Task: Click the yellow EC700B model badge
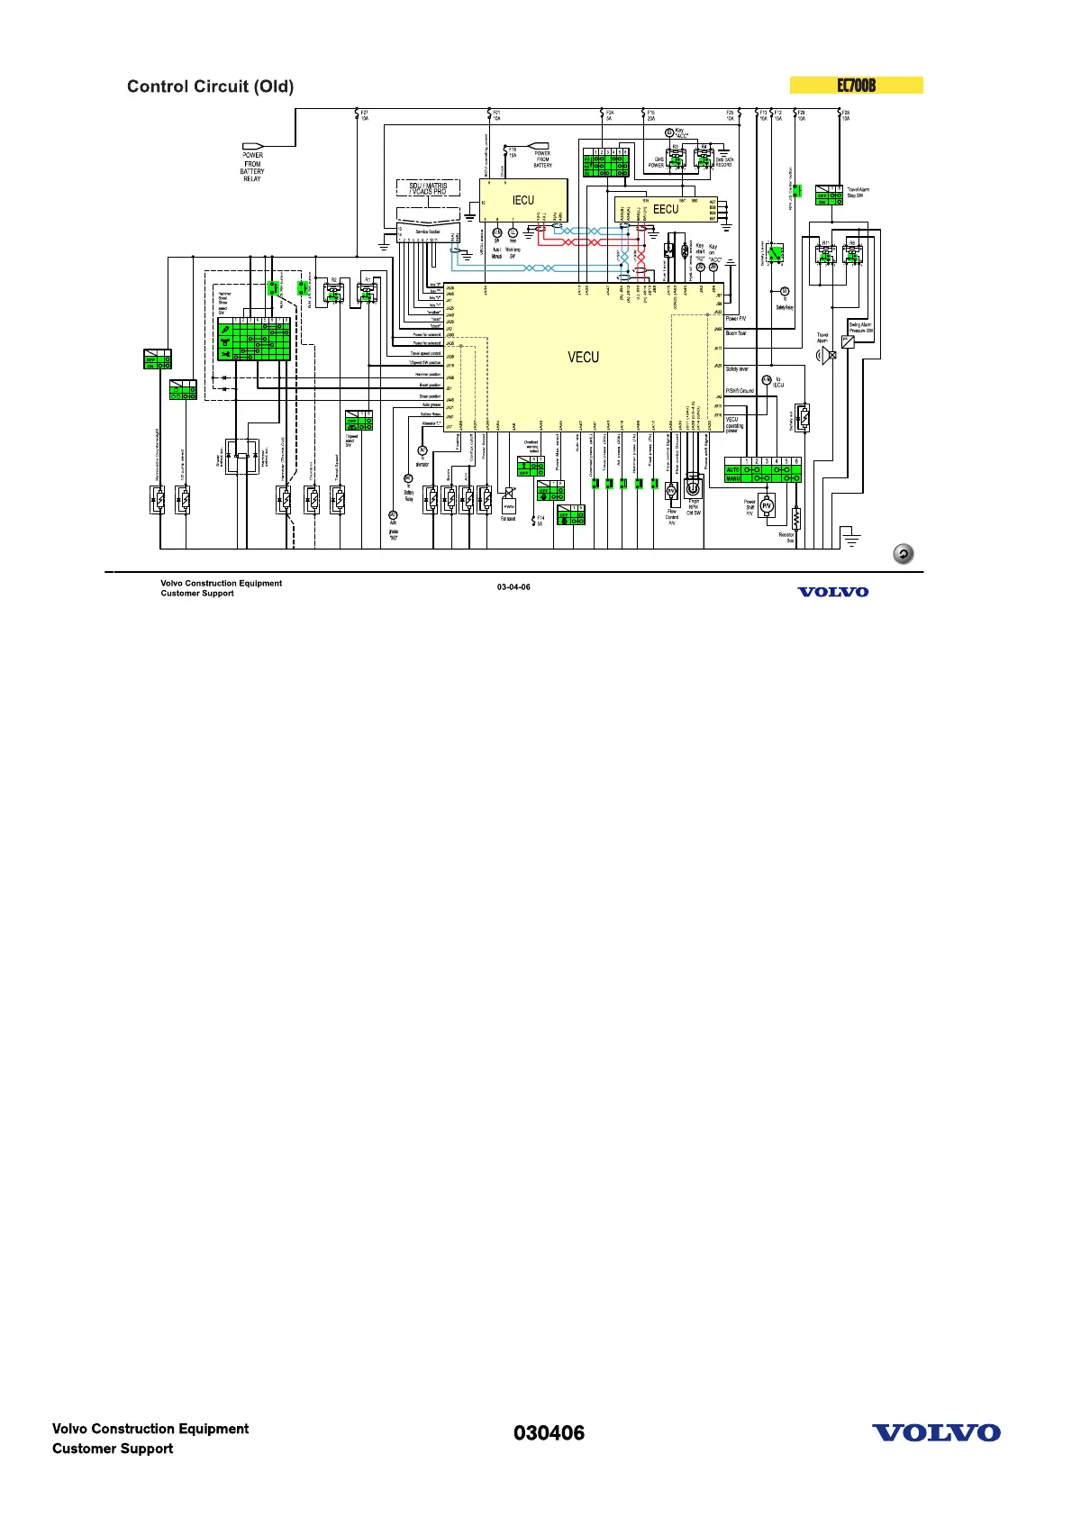(x=856, y=86)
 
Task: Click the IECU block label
(x=523, y=201)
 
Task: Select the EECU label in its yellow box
(x=666, y=209)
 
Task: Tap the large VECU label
(x=583, y=358)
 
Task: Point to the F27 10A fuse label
(x=364, y=115)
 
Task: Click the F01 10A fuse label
(x=496, y=115)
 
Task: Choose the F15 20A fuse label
(x=650, y=115)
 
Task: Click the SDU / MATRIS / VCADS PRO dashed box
(x=428, y=188)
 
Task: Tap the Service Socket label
(x=427, y=232)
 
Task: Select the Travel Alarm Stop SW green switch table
(x=828, y=195)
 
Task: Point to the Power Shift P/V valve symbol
(x=767, y=506)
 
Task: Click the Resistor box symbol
(x=796, y=518)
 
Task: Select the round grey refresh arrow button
(x=903, y=554)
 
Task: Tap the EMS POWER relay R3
(x=676, y=159)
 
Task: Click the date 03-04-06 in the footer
(x=513, y=587)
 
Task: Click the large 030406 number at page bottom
(x=549, y=1433)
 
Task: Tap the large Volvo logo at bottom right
(x=936, y=1433)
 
